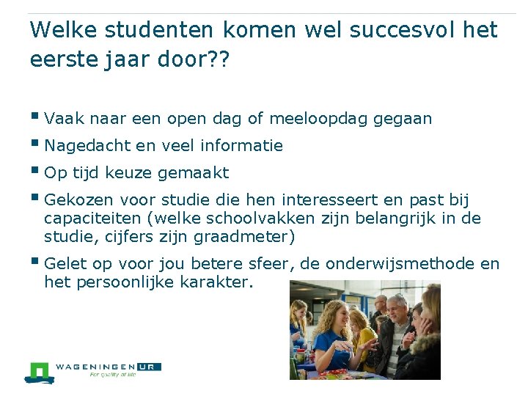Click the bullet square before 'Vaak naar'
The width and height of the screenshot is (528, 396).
tap(36, 116)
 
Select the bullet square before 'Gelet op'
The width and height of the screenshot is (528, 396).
tap(36, 262)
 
